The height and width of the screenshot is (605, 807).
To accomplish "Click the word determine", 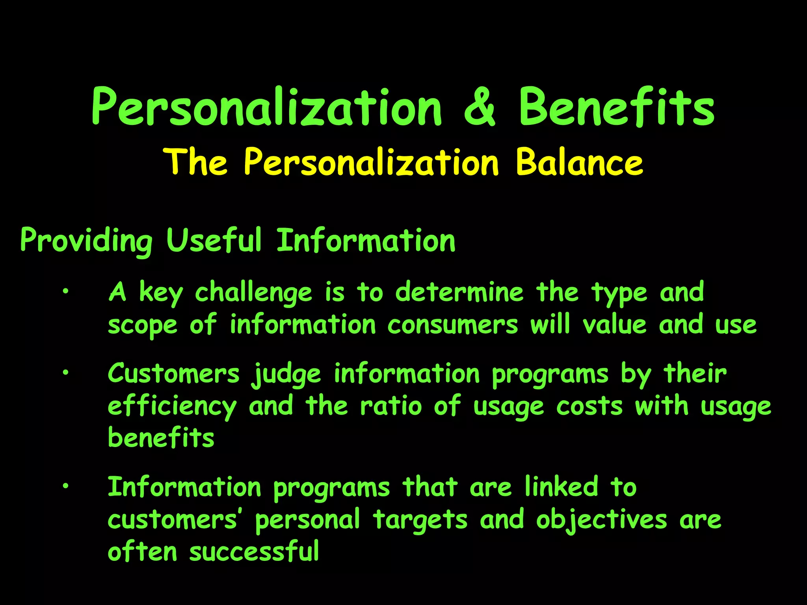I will (459, 292).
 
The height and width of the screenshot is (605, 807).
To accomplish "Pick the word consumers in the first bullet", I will (453, 325).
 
